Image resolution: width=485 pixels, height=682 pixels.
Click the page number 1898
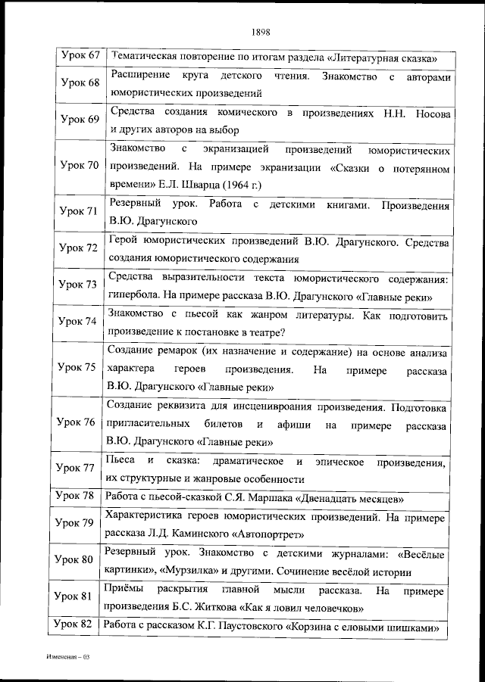pyautogui.click(x=258, y=32)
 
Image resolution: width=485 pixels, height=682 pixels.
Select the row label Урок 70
pyautogui.click(x=80, y=166)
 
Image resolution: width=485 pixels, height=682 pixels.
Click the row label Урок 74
pyautogui.click(x=80, y=321)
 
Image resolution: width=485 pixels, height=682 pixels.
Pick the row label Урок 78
pyautogui.click(x=80, y=496)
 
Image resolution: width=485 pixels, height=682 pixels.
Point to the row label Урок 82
pyautogui.click(x=80, y=624)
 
